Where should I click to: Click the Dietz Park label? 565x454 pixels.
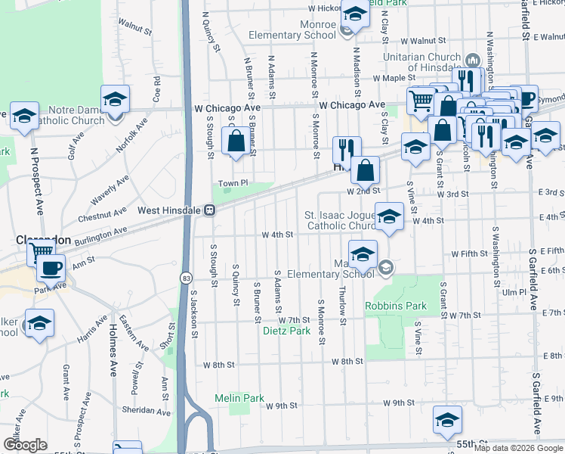pyautogui.click(x=286, y=331)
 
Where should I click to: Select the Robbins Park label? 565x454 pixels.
pyautogui.click(x=396, y=306)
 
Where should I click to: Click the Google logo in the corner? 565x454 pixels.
pyautogui.click(x=25, y=445)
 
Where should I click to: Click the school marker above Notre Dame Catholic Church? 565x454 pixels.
pyautogui.click(x=115, y=99)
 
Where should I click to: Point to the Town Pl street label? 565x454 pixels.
pyautogui.click(x=233, y=183)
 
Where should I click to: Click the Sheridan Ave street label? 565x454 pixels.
pyautogui.click(x=147, y=411)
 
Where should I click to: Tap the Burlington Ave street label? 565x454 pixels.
pyautogui.click(x=99, y=235)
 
